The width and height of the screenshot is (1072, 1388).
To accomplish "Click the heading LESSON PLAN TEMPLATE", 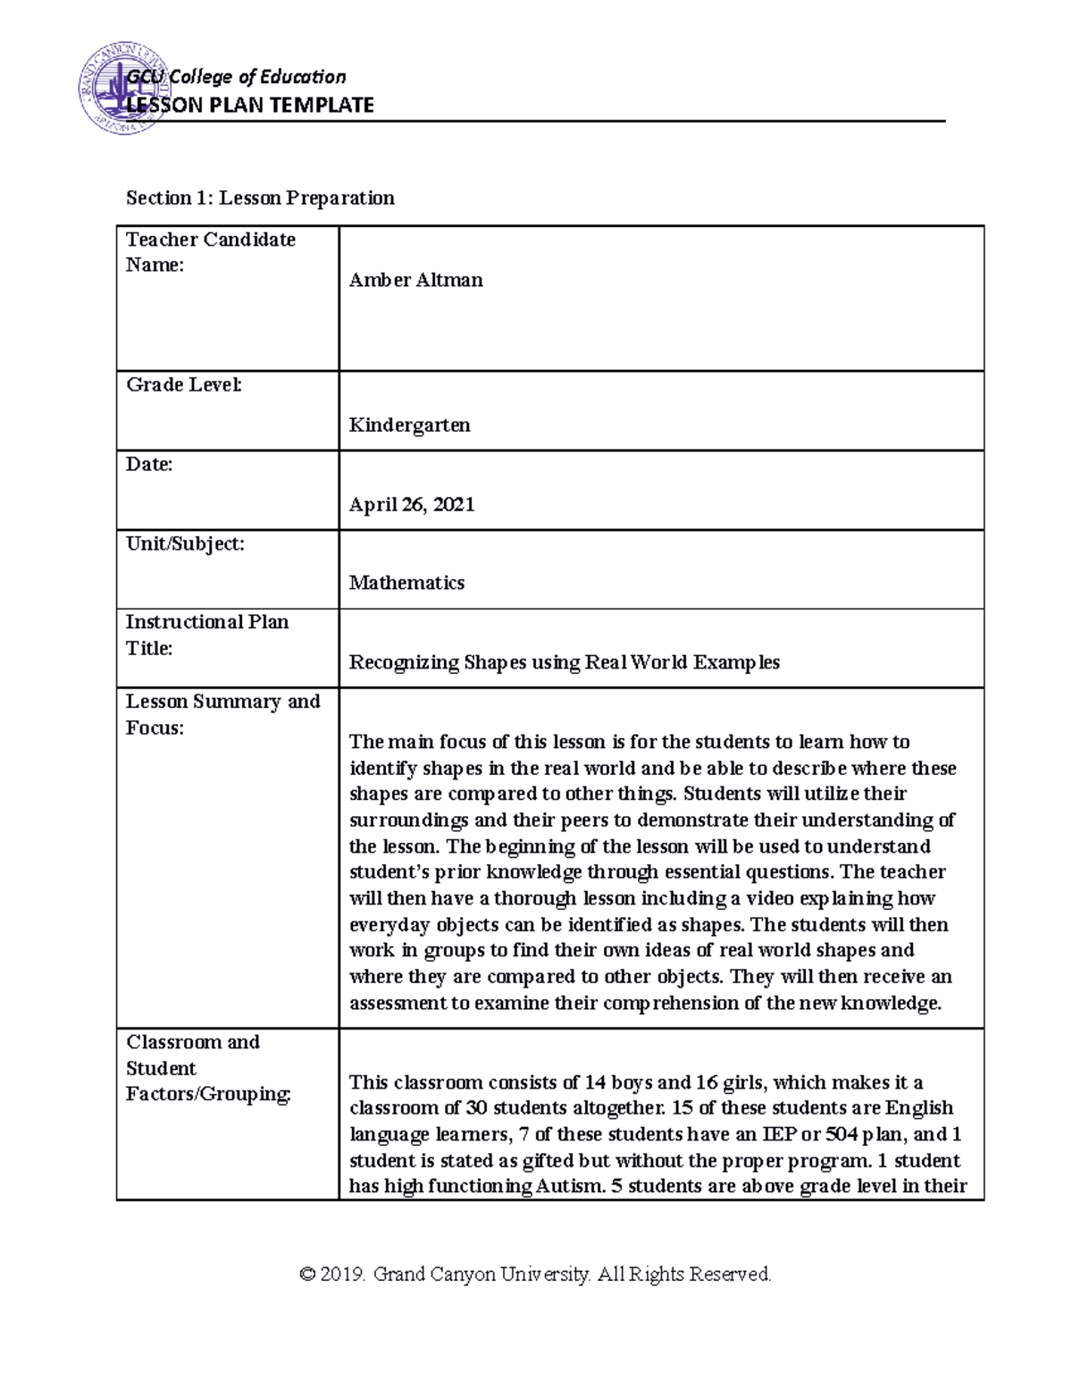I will point(250,105).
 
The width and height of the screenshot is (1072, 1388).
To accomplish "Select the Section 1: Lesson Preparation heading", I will point(260,198).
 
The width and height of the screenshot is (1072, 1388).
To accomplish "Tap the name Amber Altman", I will point(415,280).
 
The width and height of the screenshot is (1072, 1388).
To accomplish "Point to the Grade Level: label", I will point(183,384).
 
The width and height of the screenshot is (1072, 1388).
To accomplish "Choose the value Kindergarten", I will point(409,425).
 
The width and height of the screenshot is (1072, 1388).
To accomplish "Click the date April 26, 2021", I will point(411,504).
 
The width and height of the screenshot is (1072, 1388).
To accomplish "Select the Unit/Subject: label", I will point(185,543).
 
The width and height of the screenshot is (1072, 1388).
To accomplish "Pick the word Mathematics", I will point(406,583).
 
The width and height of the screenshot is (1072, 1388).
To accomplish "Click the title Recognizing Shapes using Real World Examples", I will point(564,662).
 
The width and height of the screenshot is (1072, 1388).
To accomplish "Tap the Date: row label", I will point(149,464).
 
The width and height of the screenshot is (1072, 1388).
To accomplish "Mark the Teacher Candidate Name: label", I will point(210,252).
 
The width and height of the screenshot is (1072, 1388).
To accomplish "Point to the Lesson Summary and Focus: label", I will point(222,714).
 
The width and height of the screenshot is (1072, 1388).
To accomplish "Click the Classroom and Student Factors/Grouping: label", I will point(208,1068).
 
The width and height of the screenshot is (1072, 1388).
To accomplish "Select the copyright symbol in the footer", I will point(309,1274).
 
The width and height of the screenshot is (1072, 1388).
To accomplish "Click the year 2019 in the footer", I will point(345,1274).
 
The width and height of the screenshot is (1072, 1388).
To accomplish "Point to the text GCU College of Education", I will point(236,78).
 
